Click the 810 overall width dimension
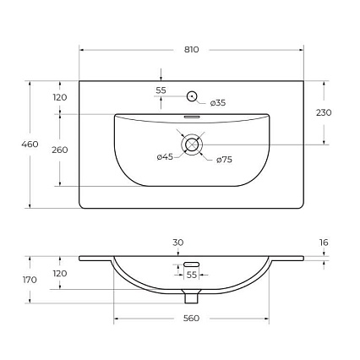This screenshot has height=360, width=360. pos(192,50)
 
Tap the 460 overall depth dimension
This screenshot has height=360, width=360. pos(30,145)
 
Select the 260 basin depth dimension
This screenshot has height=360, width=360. pos(60,150)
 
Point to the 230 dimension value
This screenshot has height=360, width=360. pos(324,112)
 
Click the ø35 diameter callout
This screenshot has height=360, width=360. pos(218,103)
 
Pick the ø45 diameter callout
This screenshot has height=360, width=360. pos(165,157)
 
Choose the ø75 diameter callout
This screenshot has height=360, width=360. pos(224,160)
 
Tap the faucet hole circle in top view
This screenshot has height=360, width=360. pos(192,96)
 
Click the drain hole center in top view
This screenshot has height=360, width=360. pos(192,145)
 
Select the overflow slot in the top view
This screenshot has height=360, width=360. pos(192,117)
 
